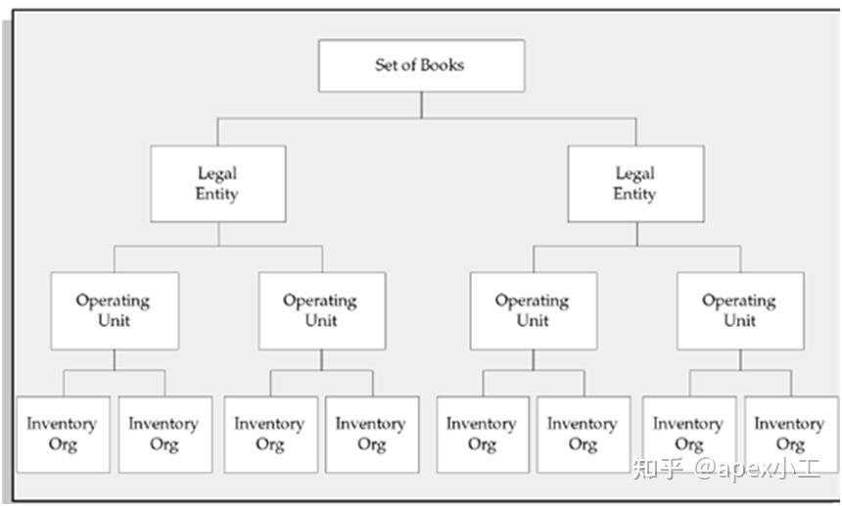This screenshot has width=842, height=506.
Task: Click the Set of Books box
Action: pyautogui.click(x=421, y=66)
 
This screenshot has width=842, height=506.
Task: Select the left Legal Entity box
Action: pyautogui.click(x=217, y=184)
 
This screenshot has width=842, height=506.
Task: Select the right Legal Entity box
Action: pyautogui.click(x=634, y=184)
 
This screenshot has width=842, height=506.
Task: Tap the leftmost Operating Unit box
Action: pyautogui.click(x=115, y=310)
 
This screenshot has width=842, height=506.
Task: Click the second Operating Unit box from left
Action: pyautogui.click(x=321, y=310)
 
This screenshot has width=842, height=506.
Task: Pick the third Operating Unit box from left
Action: pyautogui.click(x=533, y=310)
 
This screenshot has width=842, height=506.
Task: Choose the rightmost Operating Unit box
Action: pyautogui.click(x=739, y=310)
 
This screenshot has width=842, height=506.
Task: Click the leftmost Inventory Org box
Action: pyautogui.click(x=63, y=434)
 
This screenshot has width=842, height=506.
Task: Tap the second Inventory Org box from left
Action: pyautogui.click(x=164, y=434)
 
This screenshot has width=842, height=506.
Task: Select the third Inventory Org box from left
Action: pyautogui.click(x=270, y=434)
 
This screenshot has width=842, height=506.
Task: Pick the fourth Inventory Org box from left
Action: pyautogui.click(x=371, y=434)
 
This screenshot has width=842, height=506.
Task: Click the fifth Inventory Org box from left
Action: pyautogui.click(x=482, y=434)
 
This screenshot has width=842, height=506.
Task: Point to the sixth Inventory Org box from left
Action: pyautogui.click(x=583, y=434)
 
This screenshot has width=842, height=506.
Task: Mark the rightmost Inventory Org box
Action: pyautogui.click(x=789, y=434)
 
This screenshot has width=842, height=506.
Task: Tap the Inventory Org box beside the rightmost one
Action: pyautogui.click(x=688, y=434)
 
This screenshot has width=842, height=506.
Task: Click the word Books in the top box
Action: pyautogui.click(x=444, y=66)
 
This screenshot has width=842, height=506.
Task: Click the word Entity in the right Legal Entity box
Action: pyautogui.click(x=634, y=194)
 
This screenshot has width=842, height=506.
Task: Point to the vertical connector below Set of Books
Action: pyautogui.click(x=421, y=105)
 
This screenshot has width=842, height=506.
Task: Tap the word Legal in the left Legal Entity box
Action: pyautogui.click(x=217, y=173)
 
